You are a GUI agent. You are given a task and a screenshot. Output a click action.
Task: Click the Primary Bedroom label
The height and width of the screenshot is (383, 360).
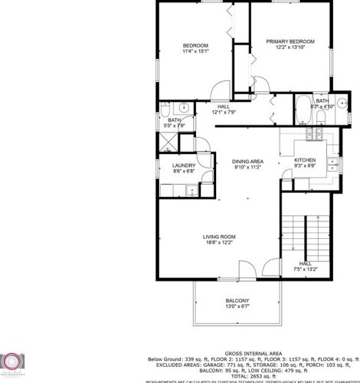point(290,41)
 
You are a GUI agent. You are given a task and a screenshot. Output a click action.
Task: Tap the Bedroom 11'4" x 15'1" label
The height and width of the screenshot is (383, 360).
point(195,46)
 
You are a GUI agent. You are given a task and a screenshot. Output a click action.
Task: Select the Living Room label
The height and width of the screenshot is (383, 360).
point(218,237)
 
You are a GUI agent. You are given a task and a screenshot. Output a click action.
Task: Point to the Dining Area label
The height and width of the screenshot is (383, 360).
point(248,161)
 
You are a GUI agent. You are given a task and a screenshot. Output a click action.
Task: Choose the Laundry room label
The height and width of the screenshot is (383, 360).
point(183,165)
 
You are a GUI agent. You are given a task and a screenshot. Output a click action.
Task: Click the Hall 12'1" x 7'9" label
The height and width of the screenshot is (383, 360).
point(224,106)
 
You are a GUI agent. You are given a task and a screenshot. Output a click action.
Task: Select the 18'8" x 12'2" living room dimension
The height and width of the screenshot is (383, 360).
point(218,243)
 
